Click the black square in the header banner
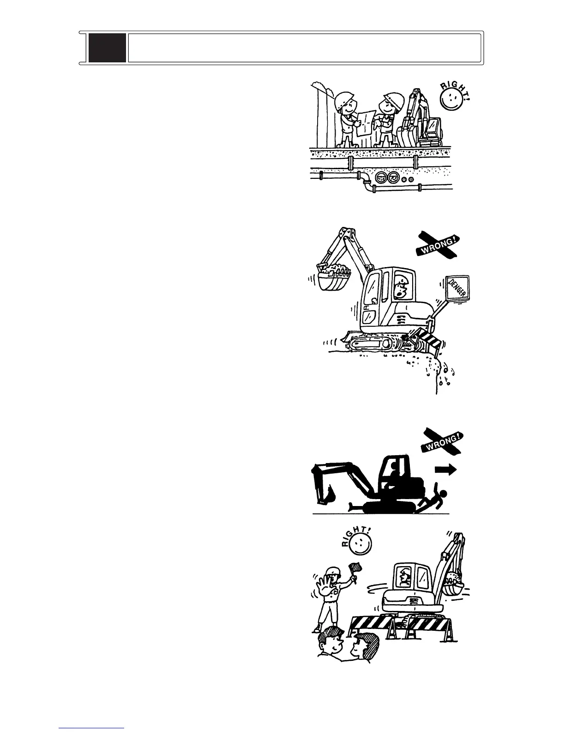107,48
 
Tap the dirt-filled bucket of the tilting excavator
333,276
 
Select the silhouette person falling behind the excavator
434,500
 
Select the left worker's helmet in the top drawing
345,99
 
